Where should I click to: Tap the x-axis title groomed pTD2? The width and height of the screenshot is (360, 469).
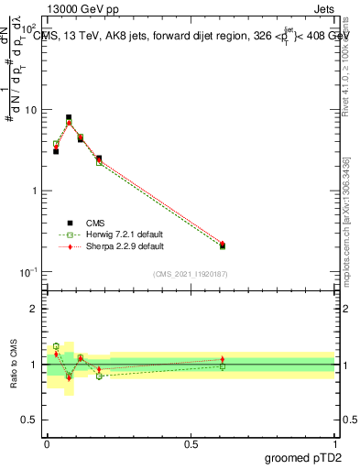(304, 458)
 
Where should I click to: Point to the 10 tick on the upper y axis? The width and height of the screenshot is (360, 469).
(33, 110)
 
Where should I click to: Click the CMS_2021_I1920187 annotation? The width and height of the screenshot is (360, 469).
(190, 274)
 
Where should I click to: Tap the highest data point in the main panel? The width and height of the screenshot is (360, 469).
(69, 118)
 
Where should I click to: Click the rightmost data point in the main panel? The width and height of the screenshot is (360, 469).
(223, 245)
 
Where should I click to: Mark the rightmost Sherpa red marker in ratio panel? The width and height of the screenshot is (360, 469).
(223, 359)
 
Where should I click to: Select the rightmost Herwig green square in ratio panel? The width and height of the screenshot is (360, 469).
(223, 366)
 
